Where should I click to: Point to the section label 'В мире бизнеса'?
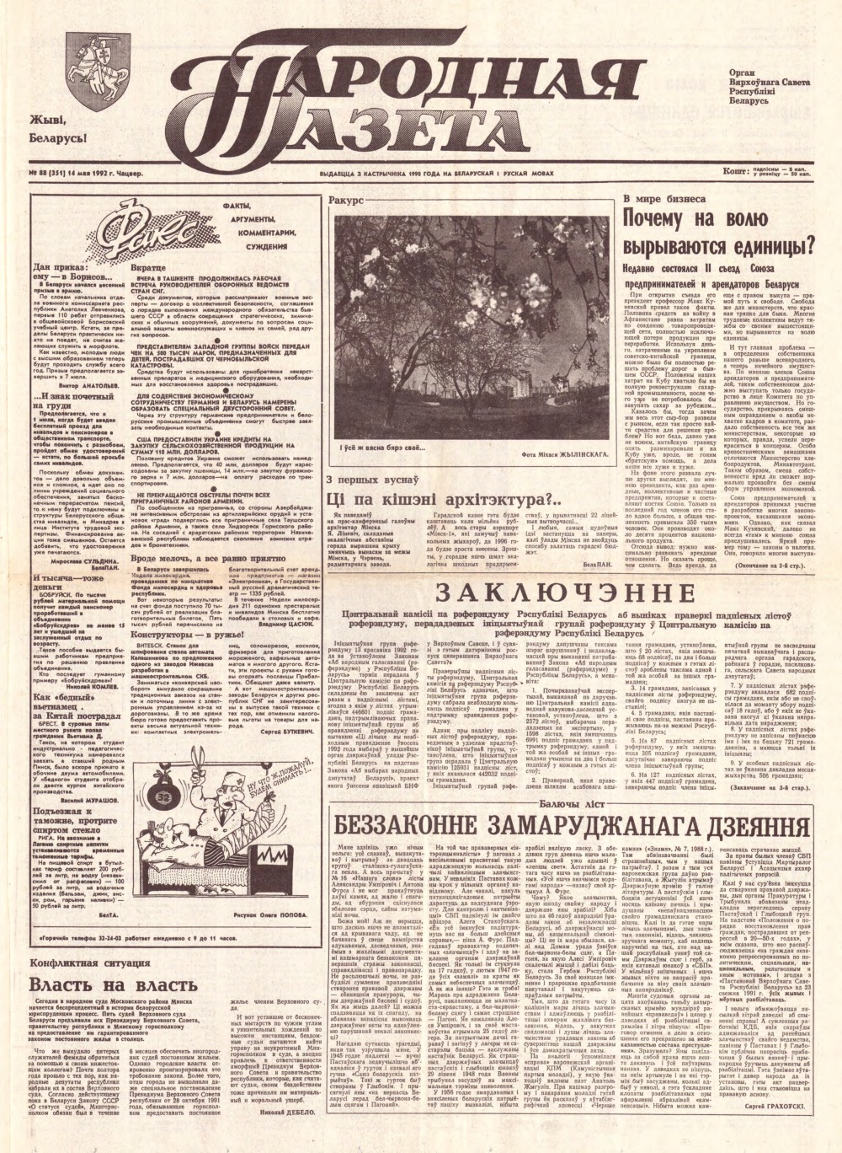[x=665, y=200]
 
